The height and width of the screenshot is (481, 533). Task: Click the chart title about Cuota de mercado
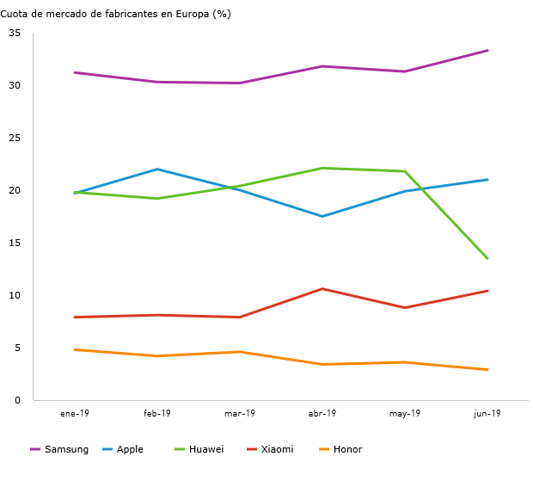[115, 14]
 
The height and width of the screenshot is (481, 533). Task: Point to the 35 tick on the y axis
[15, 34]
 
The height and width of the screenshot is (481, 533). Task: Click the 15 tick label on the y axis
[15, 244]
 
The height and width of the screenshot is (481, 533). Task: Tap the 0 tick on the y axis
[17, 400]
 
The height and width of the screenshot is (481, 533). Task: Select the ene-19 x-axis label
[75, 414]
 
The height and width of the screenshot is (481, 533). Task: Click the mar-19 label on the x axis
[240, 414]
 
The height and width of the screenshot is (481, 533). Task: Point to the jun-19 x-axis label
[487, 414]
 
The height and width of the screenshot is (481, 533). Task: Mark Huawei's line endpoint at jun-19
[487, 258]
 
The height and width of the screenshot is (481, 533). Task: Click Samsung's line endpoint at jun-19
[487, 51]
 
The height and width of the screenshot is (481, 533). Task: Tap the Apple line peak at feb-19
[157, 170]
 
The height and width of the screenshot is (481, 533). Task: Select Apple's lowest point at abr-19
[322, 216]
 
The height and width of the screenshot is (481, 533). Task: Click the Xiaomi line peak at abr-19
[322, 289]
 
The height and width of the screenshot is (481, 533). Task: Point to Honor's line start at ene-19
[75, 349]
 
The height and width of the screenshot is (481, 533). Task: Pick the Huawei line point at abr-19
[322, 168]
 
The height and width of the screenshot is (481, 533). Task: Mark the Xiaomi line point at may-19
[405, 307]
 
